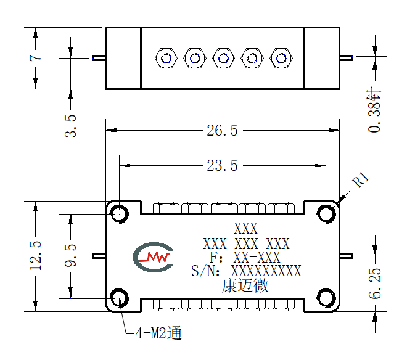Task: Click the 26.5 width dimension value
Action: point(222,131)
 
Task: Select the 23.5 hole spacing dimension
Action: point(222,166)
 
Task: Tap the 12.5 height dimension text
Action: point(36,256)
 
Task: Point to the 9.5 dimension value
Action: point(70,255)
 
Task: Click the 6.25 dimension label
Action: point(375,284)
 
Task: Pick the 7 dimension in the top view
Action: point(36,58)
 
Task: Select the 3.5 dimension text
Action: point(70,126)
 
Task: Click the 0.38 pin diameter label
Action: point(374,110)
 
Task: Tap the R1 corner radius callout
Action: point(361,179)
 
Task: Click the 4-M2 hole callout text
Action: point(158,333)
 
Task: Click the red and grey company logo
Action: point(154,257)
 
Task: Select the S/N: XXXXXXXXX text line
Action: point(246,271)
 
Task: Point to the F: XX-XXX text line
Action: point(245,257)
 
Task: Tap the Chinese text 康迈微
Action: point(245,285)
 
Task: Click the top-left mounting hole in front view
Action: point(120,214)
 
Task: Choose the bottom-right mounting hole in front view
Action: point(326,298)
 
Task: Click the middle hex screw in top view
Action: point(224,58)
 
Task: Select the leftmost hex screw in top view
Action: point(166,58)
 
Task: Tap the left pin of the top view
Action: point(99,58)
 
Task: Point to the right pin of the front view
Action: point(346,256)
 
